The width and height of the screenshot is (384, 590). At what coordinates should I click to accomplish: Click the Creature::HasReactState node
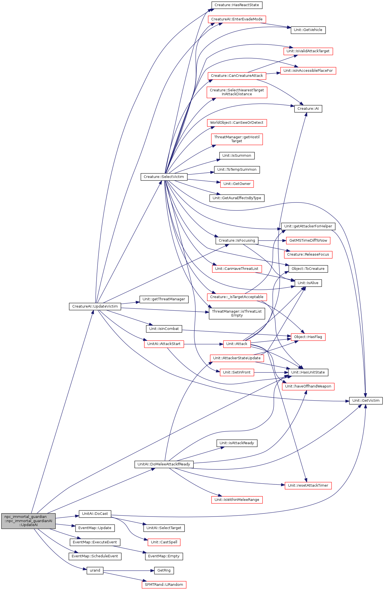237,5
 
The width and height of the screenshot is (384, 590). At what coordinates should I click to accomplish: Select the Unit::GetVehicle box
308,30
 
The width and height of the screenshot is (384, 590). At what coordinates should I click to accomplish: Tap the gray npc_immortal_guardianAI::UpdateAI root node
28,521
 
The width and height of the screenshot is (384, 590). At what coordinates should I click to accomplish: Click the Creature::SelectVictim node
164,177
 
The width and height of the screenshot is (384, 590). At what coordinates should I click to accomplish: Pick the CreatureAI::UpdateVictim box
95,306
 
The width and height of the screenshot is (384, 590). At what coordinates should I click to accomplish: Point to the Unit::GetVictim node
366,401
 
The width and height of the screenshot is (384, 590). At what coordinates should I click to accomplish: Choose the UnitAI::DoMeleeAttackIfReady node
164,464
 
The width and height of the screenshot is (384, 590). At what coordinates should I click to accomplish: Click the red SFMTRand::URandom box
164,584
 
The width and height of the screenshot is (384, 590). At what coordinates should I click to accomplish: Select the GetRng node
164,570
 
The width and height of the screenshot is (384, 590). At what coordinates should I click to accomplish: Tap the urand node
95,570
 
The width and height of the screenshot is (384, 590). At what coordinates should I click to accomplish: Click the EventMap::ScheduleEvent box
95,556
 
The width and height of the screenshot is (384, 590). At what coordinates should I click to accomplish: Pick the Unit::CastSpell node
164,542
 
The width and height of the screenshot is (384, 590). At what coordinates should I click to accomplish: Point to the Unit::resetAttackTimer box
308,486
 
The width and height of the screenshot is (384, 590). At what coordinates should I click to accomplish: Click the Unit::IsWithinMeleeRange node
237,500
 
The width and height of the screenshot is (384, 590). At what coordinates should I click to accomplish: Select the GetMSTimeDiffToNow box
308,241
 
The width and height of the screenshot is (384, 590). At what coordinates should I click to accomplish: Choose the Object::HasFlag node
308,337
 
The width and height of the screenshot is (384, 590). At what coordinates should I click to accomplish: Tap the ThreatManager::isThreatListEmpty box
237,313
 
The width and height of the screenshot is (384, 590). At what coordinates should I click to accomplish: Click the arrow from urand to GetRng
129,570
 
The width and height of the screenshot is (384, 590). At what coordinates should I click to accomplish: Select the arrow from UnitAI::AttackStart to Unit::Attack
203,344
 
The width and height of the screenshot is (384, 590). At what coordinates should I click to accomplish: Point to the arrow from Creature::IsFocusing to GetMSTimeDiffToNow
272,241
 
